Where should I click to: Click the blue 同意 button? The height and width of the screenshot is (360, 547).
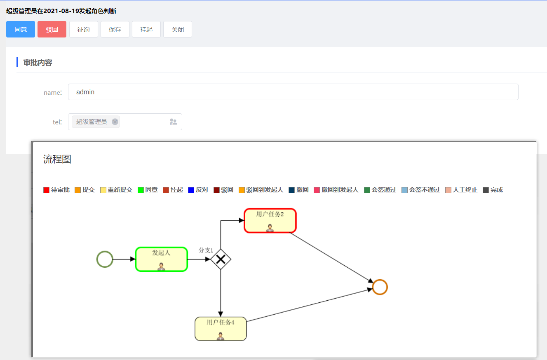click(21, 29)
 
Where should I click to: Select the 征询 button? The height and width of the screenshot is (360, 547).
click(84, 29)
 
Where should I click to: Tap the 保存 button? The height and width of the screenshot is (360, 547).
click(115, 29)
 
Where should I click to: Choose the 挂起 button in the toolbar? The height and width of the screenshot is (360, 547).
click(146, 29)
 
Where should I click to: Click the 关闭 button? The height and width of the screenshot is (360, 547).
click(178, 29)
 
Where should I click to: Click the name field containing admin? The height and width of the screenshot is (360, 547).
click(293, 92)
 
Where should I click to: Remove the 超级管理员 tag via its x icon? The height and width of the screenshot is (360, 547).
click(115, 122)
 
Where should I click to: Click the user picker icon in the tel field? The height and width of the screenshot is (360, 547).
click(174, 122)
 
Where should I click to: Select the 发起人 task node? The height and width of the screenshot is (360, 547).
click(162, 259)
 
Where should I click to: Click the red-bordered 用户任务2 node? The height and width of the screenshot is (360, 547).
click(270, 221)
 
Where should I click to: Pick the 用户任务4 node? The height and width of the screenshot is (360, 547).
click(221, 329)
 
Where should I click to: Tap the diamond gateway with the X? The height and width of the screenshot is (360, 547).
click(221, 259)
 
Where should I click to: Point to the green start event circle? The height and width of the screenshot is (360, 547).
click(105, 259)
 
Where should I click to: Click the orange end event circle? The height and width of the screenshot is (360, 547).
click(380, 287)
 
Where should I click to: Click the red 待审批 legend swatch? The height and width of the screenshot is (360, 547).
click(46, 190)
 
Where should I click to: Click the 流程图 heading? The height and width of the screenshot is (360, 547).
click(57, 159)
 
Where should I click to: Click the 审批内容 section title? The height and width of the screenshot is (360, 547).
click(38, 63)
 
